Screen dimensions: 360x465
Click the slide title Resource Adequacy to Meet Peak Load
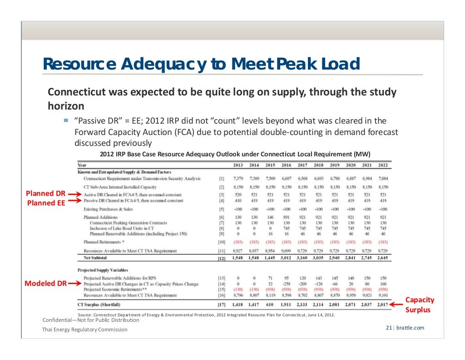click(x=201, y=64)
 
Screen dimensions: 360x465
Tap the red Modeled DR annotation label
click(x=45, y=284)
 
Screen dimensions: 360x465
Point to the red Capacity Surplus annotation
click(x=420, y=305)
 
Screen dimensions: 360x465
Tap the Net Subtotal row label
click(x=92, y=258)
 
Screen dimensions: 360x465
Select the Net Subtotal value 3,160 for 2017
click(x=303, y=258)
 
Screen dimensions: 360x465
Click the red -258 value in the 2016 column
click(x=287, y=284)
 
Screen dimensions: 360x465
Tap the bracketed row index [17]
click(x=222, y=304)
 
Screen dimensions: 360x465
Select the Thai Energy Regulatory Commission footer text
click(x=85, y=330)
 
